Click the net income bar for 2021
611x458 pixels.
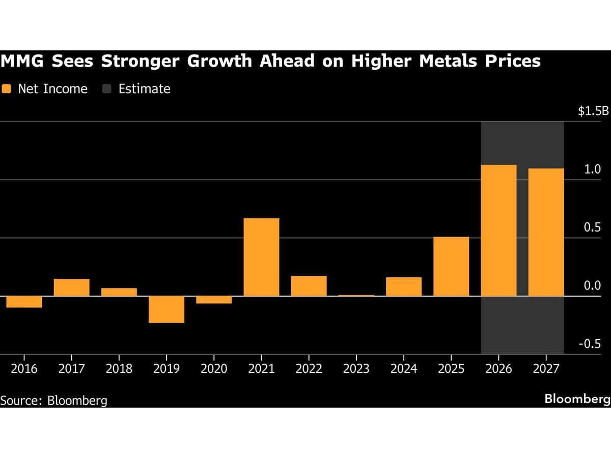click(261, 257)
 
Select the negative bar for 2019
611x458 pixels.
click(166, 309)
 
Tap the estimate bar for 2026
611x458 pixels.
click(498, 230)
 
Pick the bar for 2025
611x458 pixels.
click(451, 266)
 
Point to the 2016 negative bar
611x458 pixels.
click(24, 302)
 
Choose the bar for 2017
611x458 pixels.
click(72, 287)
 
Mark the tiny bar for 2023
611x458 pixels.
click(356, 295)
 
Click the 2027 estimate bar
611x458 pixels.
click(546, 232)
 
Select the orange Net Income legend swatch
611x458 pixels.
click(6, 89)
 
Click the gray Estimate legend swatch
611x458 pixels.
click(106, 89)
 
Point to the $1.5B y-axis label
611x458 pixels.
click(593, 111)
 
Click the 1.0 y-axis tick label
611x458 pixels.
click(592, 169)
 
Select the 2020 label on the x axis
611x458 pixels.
click(214, 368)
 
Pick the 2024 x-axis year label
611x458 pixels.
click(404, 368)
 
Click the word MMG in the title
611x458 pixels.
click(22, 62)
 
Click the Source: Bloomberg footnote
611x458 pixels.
click(54, 400)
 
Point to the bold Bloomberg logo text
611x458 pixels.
click(577, 399)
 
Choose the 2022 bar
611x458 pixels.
click(309, 285)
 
